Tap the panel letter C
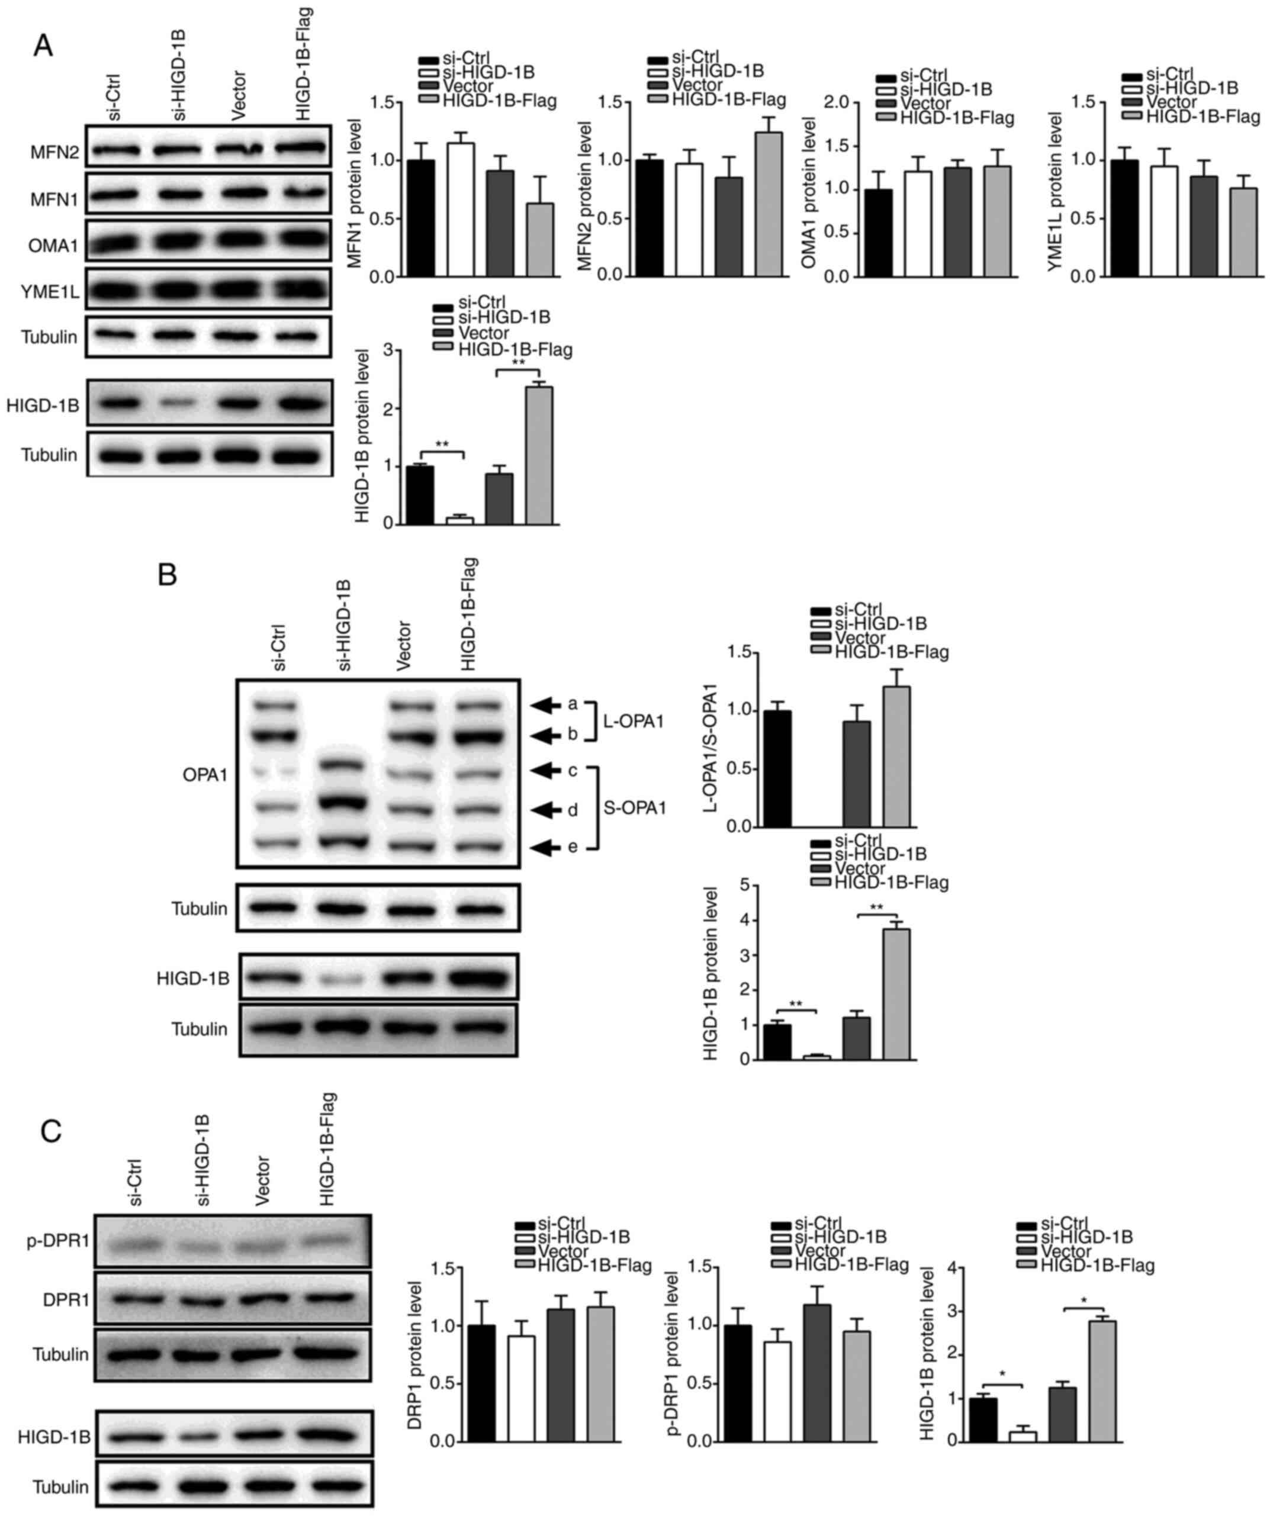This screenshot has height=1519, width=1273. pyautogui.click(x=51, y=1131)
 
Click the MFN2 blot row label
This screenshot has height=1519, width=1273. pyautogui.click(x=54, y=153)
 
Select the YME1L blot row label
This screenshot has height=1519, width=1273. pyautogui.click(x=50, y=291)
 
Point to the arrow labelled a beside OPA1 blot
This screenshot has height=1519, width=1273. pyautogui.click(x=549, y=704)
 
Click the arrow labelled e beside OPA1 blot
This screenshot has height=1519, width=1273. pyautogui.click(x=549, y=847)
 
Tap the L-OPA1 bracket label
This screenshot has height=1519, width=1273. pyautogui.click(x=634, y=721)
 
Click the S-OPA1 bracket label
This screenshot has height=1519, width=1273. pyautogui.click(x=634, y=809)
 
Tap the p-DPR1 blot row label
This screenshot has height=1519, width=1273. pyautogui.click(x=58, y=1241)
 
